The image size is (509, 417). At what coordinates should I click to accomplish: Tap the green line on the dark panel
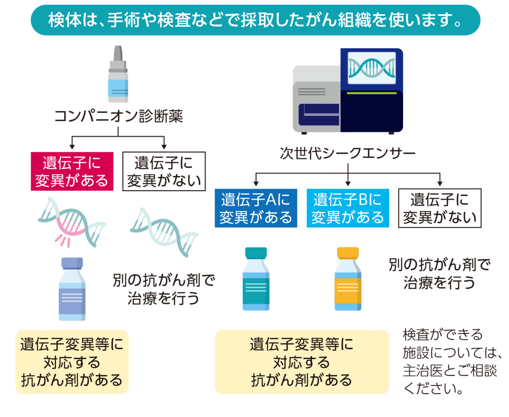pos(372,92)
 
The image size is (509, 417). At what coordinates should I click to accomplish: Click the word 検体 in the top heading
pos(61,20)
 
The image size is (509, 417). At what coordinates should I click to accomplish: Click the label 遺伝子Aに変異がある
pos(256,208)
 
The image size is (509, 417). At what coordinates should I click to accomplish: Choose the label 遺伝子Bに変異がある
pos(347,208)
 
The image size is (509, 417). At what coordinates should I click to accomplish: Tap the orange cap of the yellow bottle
pos(347,253)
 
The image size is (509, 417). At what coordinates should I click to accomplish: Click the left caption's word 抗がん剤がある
pos(72,380)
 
